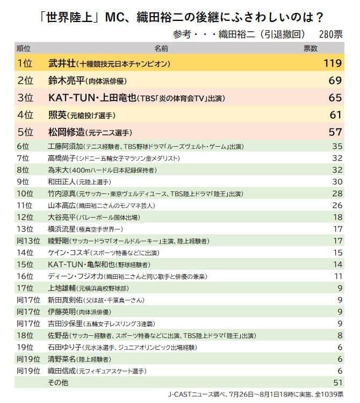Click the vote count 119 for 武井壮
[333, 63]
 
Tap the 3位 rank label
[25, 98]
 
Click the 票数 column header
[311, 48]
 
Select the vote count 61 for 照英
[336, 114]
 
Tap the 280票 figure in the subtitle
[330, 34]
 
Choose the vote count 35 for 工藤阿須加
[337, 146]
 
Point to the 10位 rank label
[25, 193]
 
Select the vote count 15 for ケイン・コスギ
[337, 253]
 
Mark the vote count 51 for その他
[337, 382]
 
